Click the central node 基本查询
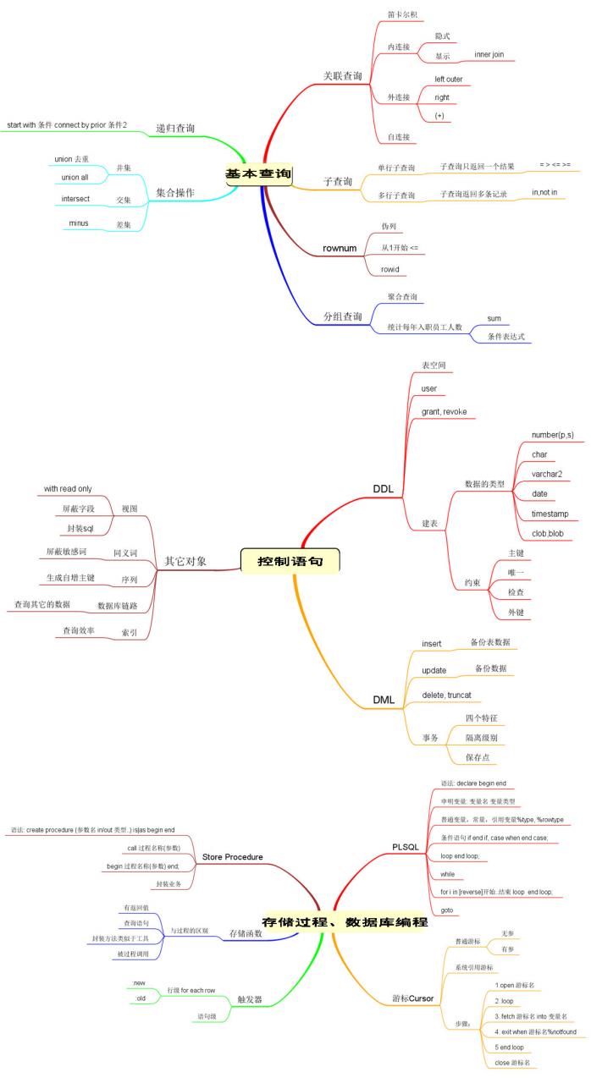pos(258,174)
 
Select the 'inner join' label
pos(489,54)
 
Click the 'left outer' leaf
pos(449,79)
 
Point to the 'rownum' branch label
pos(340,248)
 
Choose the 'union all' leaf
pos(75,178)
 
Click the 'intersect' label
pos(75,199)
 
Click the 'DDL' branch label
pos(383,488)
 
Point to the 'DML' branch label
pos(384,700)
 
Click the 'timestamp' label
pos(550,514)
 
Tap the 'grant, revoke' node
pos(444,411)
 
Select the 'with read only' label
pos(68,488)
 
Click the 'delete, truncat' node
pos(446,695)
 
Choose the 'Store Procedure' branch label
pos(232,857)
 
